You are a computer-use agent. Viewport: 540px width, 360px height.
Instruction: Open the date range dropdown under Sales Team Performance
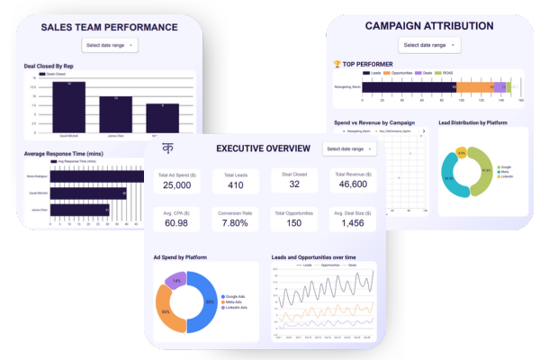(109, 44)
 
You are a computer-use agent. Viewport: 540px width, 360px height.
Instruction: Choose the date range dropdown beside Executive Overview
(347, 148)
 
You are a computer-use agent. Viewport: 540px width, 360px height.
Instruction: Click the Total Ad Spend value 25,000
(176, 184)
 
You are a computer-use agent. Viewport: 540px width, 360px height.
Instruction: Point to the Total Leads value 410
(236, 184)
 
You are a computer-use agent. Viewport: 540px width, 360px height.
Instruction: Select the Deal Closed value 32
(294, 184)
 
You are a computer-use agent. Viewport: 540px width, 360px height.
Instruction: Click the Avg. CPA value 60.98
(176, 223)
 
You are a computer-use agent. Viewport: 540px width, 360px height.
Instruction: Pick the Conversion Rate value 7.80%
(236, 223)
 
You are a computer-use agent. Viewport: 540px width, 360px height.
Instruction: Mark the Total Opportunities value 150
(294, 223)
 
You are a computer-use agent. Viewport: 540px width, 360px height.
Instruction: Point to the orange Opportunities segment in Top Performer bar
(475, 87)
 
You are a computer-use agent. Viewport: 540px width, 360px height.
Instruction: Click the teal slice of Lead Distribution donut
(454, 179)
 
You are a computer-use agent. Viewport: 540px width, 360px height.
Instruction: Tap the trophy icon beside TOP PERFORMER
(337, 63)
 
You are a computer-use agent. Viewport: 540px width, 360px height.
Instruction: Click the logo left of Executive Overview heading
(167, 148)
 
